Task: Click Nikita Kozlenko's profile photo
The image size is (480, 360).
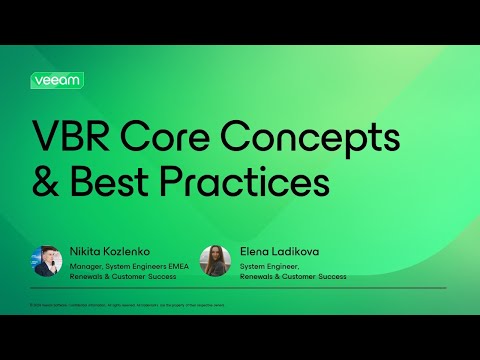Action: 47,261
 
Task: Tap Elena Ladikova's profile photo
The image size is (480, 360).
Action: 215,261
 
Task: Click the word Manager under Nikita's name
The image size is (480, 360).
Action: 87,265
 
